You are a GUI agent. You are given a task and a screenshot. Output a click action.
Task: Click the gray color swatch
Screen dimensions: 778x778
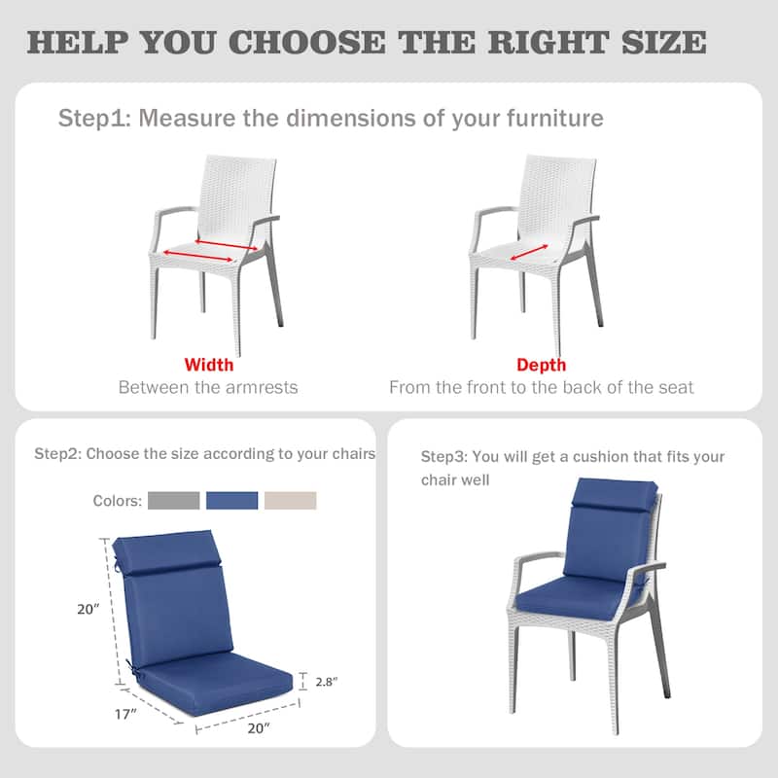coord(175,501)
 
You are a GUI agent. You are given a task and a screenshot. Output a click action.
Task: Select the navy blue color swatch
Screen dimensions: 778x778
coord(233,501)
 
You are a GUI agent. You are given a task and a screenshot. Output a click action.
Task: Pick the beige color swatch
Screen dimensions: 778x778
coord(292,501)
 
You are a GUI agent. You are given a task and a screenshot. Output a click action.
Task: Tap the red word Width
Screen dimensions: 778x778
coord(209,366)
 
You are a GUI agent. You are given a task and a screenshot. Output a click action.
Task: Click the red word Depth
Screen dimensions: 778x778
coord(542,366)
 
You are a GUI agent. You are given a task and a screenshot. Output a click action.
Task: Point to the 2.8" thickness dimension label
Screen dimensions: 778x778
coord(328,682)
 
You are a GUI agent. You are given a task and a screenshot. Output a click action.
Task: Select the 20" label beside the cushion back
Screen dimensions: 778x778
coord(89,610)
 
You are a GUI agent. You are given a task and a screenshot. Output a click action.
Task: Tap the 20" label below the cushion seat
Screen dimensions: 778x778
coord(258,727)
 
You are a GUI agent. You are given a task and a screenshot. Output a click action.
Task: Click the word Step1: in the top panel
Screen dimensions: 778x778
coord(94,119)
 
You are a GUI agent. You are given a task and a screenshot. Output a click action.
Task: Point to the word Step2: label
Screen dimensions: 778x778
coord(57,454)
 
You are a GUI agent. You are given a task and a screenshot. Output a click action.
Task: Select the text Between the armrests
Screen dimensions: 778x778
coord(208,387)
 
